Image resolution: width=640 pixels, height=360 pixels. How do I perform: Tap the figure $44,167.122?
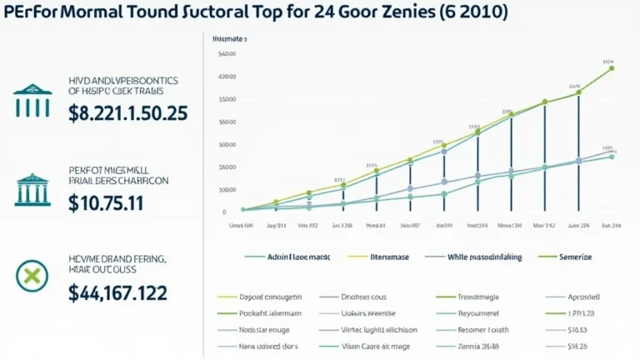118,292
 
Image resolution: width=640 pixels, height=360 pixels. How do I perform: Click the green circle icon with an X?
32,275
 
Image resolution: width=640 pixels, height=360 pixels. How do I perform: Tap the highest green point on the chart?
612,68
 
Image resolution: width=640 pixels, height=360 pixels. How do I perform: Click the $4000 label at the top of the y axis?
227,55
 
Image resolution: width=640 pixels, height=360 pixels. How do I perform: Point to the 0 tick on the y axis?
225,212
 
